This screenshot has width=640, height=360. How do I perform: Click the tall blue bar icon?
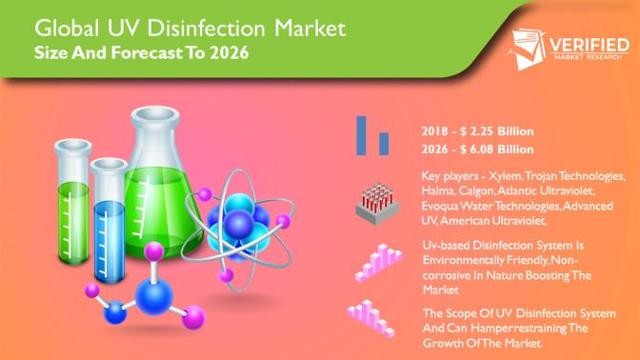363,133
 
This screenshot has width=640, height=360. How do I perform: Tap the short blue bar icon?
383,142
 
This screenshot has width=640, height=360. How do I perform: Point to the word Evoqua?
440,206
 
